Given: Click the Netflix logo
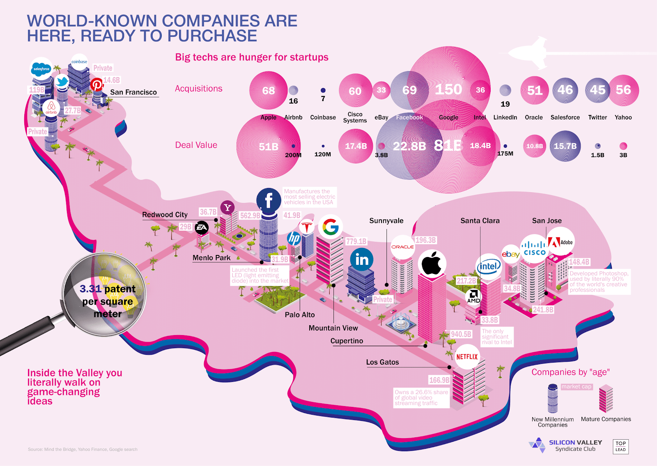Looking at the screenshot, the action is coord(467,357).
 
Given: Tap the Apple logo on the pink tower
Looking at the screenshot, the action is coord(432,263).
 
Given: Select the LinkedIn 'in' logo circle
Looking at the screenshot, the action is coord(362,259).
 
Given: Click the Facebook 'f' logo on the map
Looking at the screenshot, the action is coord(269,200).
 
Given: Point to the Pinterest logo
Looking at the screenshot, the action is coord(97,85).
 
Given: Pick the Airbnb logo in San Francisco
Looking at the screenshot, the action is coord(51,108).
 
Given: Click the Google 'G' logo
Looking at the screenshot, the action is coord(331,226).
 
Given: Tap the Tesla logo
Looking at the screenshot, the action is coord(306,227).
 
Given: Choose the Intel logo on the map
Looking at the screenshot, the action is coord(489,267).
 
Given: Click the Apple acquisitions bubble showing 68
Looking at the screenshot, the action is coord(269,90).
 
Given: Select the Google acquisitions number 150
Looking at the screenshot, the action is coord(448,89).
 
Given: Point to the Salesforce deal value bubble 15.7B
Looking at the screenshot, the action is coord(565,146).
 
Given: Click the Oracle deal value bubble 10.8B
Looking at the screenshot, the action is coord(534,146).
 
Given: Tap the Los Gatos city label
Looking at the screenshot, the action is coord(382,362).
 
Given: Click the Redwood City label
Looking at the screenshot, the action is coord(165,215).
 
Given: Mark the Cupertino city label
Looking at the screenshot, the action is coord(347,341).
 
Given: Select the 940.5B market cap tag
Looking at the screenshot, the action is coord(461,334).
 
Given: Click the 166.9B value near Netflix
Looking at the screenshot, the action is coord(439,380).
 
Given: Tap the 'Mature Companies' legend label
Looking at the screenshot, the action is coord(606,419).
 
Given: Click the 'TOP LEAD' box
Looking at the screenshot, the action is coord(620,446).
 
